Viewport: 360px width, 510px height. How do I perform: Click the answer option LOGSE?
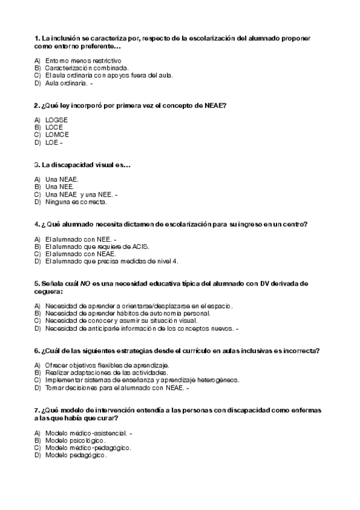click(x=56, y=120)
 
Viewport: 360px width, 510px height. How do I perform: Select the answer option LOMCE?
click(x=58, y=135)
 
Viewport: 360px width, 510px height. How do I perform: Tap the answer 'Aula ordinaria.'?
click(x=66, y=83)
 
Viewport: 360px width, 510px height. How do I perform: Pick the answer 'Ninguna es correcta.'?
click(x=76, y=202)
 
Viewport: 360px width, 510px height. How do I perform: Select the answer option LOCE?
click(x=55, y=127)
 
